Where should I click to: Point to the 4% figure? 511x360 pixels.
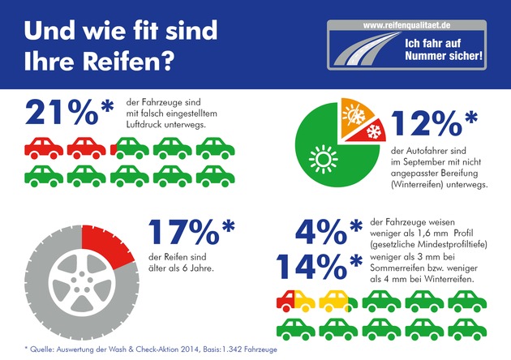pyautogui.click(x=320, y=234)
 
